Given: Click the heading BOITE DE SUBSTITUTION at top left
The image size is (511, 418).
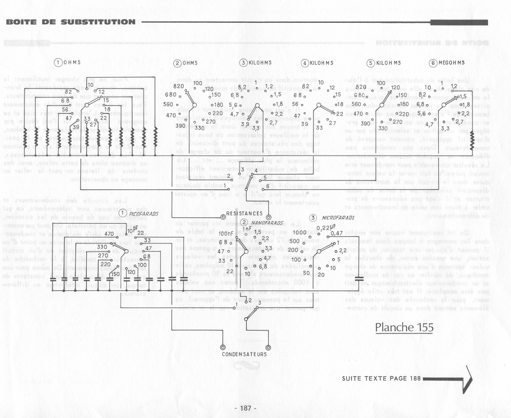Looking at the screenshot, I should (x=71, y=22).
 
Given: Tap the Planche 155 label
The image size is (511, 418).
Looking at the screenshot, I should (x=404, y=327).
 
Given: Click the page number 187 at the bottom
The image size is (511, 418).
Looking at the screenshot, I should (x=246, y=408).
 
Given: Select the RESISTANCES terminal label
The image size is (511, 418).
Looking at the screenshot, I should (x=244, y=214).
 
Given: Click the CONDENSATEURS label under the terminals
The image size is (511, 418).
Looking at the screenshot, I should (x=244, y=354).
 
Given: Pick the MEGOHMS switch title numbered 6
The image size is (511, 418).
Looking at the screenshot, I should (x=447, y=63).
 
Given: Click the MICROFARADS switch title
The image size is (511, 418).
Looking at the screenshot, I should (x=338, y=218).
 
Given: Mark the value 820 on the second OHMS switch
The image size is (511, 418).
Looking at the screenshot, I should (x=179, y=86).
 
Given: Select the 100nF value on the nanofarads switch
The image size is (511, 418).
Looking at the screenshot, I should (x=225, y=234).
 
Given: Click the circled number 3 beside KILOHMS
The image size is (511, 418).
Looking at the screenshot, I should (x=244, y=63).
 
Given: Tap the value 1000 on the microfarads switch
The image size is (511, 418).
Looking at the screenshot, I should (x=299, y=233).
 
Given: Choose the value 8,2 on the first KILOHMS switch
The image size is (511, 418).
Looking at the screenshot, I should (x=242, y=87).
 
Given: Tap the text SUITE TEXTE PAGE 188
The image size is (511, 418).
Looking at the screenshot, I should (x=381, y=379).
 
